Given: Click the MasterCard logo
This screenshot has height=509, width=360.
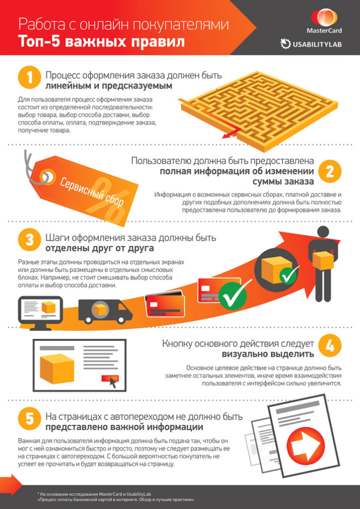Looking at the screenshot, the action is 324,21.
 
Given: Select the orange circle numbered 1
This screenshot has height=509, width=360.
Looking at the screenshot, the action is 29,77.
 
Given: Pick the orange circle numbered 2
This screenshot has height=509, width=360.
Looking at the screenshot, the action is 330,171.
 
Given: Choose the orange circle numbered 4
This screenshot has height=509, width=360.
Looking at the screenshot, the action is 330,346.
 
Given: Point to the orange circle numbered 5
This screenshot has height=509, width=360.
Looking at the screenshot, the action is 29,419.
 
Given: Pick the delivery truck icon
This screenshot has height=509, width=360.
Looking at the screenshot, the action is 105,311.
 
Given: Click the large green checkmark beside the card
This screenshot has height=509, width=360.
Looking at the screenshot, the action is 233,295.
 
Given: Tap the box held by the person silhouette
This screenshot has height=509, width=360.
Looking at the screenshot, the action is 323,260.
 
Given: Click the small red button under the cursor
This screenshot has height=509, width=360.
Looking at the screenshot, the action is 110,378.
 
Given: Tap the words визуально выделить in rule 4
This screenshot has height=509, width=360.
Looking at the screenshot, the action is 268,353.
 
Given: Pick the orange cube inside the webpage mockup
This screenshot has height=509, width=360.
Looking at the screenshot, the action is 56,368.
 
